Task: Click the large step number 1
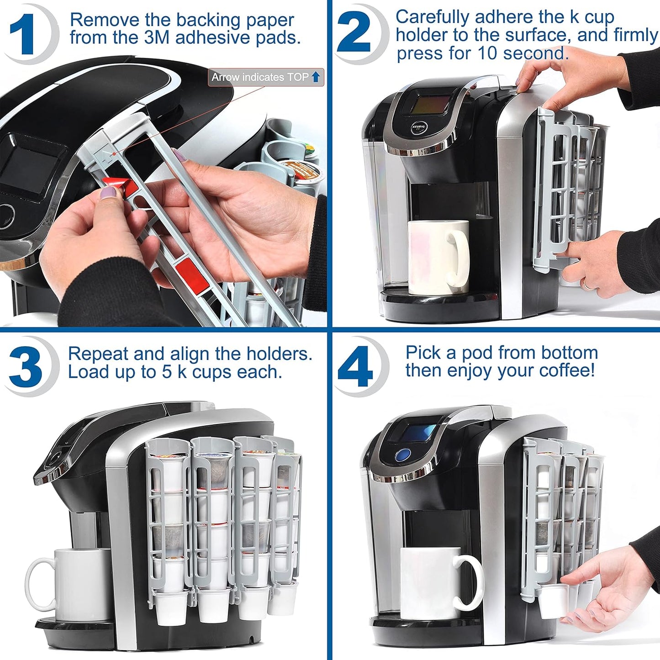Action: click(22, 34)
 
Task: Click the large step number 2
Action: click(354, 33)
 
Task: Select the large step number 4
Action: click(355, 366)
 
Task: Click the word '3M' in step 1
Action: click(157, 38)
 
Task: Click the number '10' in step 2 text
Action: click(487, 53)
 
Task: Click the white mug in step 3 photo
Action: click(73, 585)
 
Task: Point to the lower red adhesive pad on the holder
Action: click(192, 274)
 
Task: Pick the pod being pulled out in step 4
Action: click(553, 600)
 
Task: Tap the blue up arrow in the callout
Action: click(316, 77)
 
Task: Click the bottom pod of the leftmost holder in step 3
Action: click(171, 607)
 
